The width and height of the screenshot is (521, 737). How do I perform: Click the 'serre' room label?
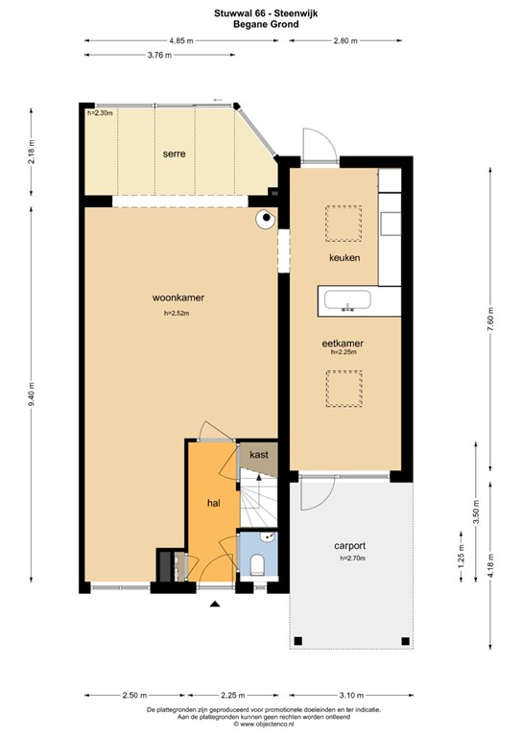[x=174, y=154]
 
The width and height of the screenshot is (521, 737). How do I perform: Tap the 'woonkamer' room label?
[x=178, y=297]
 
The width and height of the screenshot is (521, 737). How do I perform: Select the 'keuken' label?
[x=343, y=258]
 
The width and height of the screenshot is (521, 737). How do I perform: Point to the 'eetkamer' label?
[x=342, y=342]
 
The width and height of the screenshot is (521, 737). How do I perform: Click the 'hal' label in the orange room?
[x=214, y=502]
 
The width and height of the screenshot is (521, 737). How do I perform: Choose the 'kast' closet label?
[x=257, y=454]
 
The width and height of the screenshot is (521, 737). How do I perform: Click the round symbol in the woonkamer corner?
[x=263, y=220]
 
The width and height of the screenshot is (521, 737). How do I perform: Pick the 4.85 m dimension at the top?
[x=180, y=41]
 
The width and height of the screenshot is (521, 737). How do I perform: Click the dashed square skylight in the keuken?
[x=342, y=223]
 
